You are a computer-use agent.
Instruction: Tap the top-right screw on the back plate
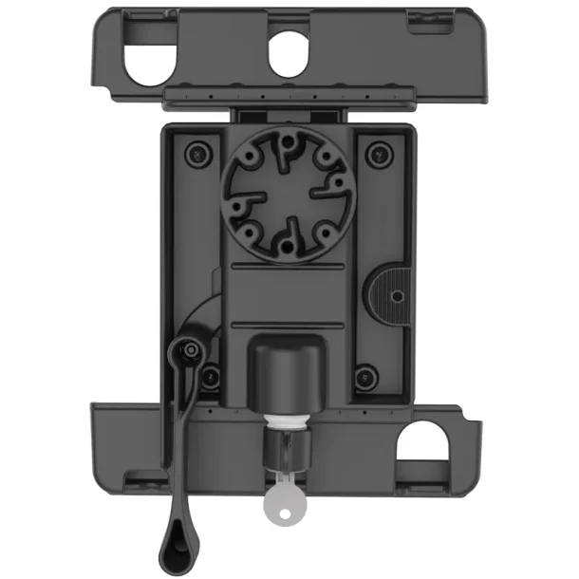380,152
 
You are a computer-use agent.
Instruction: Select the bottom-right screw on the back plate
364,377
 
